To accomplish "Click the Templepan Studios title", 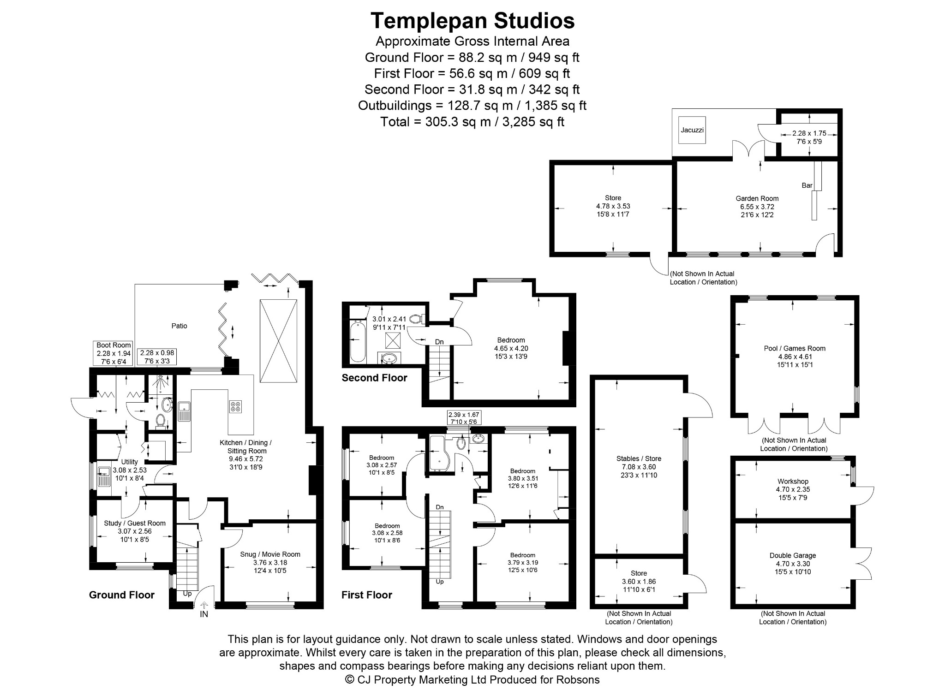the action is pos(472,21).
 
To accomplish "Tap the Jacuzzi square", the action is pos(692,130).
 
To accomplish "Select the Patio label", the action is pos(179,326).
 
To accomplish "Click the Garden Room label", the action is pos(757,199).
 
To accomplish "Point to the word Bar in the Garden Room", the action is pos(807,185).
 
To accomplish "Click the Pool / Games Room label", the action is pos(795,349).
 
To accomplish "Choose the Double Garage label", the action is pos(793,556).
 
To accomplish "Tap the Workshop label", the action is pos(793,482).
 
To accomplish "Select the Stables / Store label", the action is pos(639,458).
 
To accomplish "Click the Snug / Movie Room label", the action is pos(270,554).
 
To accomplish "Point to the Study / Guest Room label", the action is pos(135,523).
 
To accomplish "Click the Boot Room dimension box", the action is pos(114,353).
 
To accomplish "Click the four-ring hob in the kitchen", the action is pos(235,407).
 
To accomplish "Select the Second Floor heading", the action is pos(374,378).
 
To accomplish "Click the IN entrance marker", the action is pos(204,614).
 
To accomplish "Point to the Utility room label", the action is pos(129,462).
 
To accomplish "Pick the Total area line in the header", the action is pos(472,122).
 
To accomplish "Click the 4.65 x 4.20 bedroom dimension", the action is pos(511,348).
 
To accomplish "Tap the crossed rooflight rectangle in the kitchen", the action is pos(278,341).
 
